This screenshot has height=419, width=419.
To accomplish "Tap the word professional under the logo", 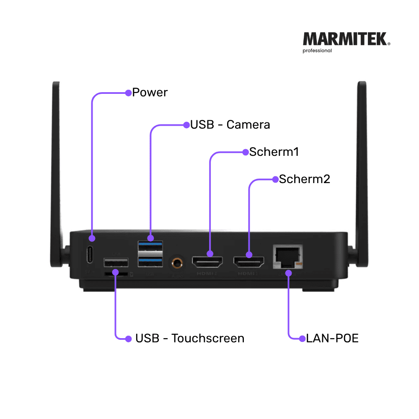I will click(x=317, y=51).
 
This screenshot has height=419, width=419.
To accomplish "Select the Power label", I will click(x=150, y=92).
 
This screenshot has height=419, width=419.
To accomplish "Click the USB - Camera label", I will click(x=230, y=124).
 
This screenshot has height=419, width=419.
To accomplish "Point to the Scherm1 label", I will click(x=274, y=152).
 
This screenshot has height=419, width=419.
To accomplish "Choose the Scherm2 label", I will click(x=305, y=179).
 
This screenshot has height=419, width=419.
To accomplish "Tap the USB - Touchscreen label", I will click(x=189, y=338).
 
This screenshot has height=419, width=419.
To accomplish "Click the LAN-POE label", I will click(x=332, y=338).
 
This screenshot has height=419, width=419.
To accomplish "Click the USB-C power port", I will click(x=90, y=255).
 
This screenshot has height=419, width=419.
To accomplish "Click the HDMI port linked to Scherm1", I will click(x=208, y=261).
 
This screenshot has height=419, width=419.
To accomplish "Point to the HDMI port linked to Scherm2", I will click(x=248, y=261).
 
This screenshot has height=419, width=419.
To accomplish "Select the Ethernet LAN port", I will click(x=287, y=256).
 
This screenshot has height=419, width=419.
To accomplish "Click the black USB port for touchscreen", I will click(x=116, y=263).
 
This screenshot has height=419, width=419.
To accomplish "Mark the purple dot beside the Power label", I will click(x=129, y=93).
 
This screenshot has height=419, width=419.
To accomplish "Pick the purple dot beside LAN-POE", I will click(x=303, y=338).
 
